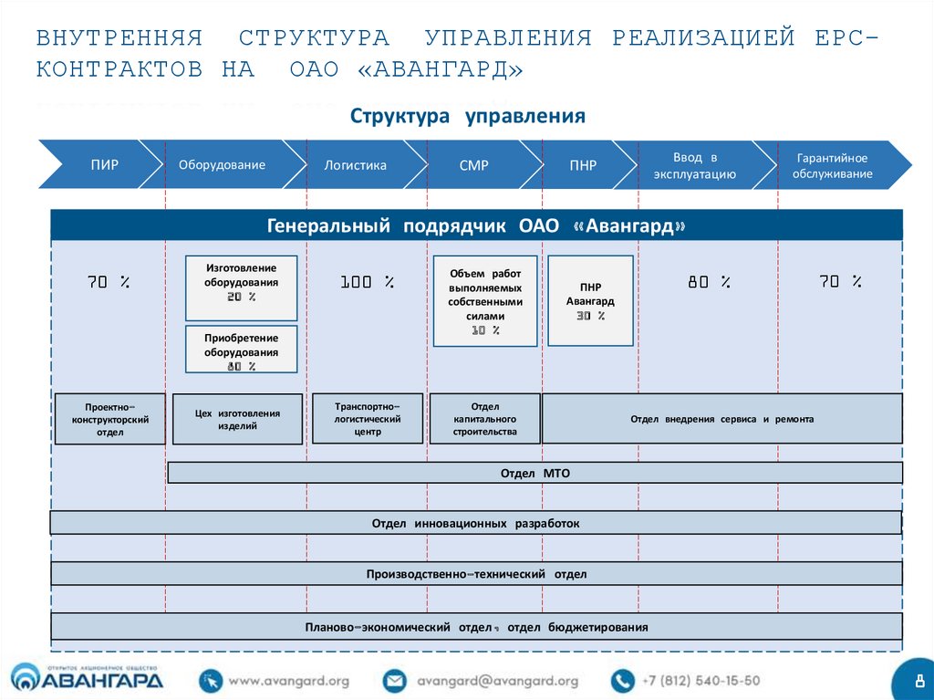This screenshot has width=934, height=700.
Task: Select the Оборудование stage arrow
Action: click(222, 165)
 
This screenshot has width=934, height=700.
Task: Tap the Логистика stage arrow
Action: click(355, 165)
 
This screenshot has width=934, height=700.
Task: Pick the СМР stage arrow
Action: click(473, 165)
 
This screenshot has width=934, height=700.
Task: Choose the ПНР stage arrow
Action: click(583, 165)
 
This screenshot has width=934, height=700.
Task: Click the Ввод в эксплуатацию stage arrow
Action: click(695, 165)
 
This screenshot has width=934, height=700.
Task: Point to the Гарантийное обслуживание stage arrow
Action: click(832, 165)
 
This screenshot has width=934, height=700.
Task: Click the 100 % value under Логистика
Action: click(368, 283)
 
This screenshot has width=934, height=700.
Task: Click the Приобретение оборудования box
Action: click(242, 349)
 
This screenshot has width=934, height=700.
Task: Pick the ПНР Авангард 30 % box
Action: click(590, 300)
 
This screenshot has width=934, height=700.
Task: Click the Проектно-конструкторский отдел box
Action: click(109, 419)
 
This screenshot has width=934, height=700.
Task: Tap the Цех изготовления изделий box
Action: click(237, 419)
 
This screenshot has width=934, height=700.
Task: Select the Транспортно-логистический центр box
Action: click(368, 418)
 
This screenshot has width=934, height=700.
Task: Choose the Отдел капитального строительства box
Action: click(484, 418)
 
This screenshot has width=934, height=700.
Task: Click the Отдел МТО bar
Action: click(534, 473)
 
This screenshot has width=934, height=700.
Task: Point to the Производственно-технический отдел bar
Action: click(476, 574)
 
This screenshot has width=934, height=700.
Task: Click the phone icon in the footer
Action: click(623, 681)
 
